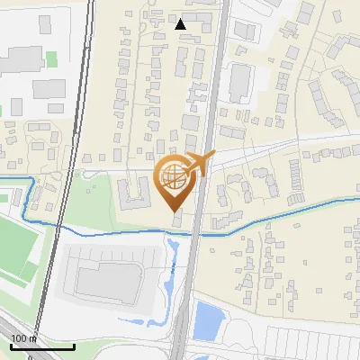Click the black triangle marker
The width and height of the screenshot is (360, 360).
181,24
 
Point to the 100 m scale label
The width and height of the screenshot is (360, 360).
24,338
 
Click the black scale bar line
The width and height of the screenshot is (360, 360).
42,346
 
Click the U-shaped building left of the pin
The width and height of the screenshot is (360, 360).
136,192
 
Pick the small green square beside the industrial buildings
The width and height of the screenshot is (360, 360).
51,59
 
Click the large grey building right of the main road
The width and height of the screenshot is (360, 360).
239,83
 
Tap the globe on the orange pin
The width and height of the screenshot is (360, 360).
175,177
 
